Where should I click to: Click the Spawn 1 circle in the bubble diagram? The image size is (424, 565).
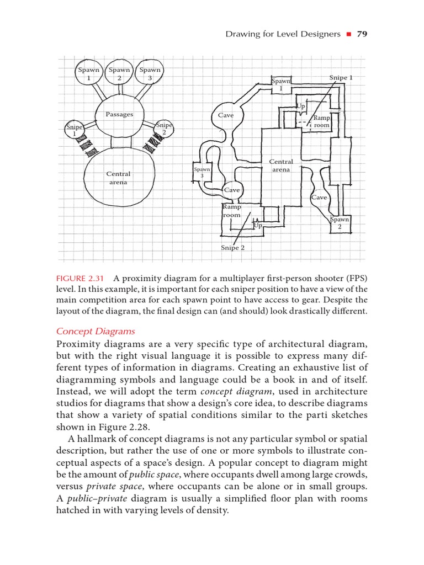pos(89,73)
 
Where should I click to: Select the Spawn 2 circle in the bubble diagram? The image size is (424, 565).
pos(119,73)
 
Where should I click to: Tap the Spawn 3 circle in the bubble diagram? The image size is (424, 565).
pos(150,73)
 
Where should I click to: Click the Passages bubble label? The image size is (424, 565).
pos(120,115)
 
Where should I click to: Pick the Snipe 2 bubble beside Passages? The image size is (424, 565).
pos(165,129)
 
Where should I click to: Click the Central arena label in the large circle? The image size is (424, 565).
pos(118,178)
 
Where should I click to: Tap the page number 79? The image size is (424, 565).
pos(362,34)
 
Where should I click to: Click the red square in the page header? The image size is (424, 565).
pos(348,35)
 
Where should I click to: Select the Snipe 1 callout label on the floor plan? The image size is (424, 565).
pos(341,78)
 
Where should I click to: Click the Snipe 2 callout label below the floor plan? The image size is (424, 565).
pos(232,248)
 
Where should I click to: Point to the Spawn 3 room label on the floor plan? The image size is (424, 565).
pos(202,172)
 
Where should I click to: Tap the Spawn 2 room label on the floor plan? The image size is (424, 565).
pos(340,223)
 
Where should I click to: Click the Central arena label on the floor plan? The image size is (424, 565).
pos(281,166)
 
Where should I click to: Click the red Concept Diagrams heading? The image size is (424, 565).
pos(96,331)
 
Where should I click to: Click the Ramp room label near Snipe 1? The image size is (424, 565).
pos(321,122)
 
